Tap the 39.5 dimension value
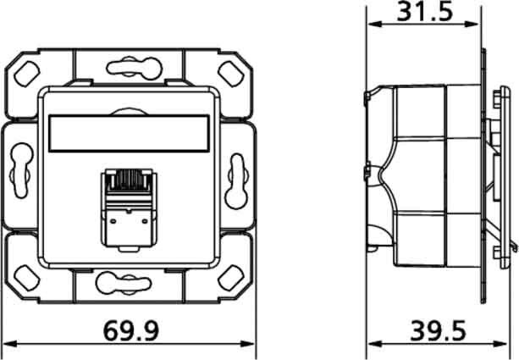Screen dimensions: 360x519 442,330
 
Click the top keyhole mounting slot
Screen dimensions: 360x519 129,66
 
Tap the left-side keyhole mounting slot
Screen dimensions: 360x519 19,174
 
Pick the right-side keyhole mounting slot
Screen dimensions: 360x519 237,174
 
